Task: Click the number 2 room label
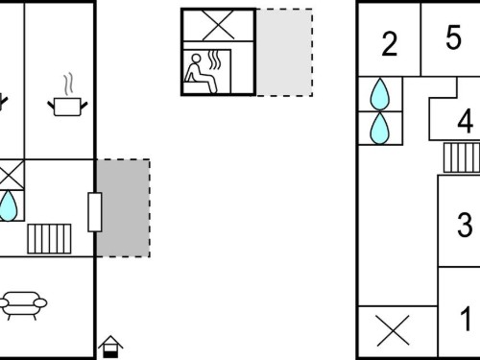pos(390,44)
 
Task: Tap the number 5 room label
pos(453,37)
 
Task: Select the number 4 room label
pos(466,121)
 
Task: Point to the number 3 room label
pos(465,225)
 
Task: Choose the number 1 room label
pos(466,319)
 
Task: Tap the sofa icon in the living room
pos(22,305)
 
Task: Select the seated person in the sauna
pos(200,74)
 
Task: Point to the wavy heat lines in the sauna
pos(215,60)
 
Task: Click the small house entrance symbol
pos(110,347)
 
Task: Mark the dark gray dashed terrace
pos(124,208)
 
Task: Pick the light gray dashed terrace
pos(284,52)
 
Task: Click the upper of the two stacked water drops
pos(380,94)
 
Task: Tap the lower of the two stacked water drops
pos(380,129)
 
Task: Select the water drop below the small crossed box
pos(8,205)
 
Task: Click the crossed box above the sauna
pos(219,25)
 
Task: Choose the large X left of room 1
pos(393,330)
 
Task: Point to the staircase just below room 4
pos(462,157)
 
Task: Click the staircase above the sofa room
pos(49,239)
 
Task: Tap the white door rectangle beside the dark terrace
pos(95,212)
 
